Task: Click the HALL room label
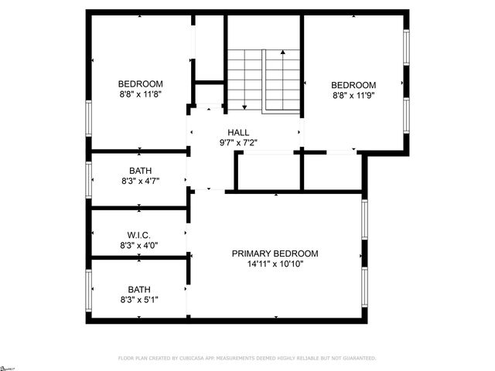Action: click(x=238, y=132)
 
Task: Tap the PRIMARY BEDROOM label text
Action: click(x=275, y=254)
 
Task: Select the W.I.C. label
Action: click(x=139, y=235)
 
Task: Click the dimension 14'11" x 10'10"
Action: click(x=275, y=264)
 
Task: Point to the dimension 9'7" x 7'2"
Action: click(x=238, y=143)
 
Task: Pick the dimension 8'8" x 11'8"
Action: click(x=140, y=95)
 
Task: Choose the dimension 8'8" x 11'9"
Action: click(x=353, y=96)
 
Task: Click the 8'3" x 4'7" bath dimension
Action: click(x=140, y=182)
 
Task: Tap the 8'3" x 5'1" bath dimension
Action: click(x=140, y=300)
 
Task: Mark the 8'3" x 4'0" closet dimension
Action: click(x=140, y=246)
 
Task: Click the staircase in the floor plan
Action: click(x=263, y=80)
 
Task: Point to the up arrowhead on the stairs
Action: click(x=283, y=52)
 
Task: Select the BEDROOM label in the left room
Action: click(x=140, y=84)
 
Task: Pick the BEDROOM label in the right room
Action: click(x=353, y=85)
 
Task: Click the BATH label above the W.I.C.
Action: click(x=140, y=171)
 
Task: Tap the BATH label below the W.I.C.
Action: click(x=140, y=289)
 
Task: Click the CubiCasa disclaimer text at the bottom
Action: click(x=247, y=359)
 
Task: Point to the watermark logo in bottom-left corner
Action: click(x=8, y=366)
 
